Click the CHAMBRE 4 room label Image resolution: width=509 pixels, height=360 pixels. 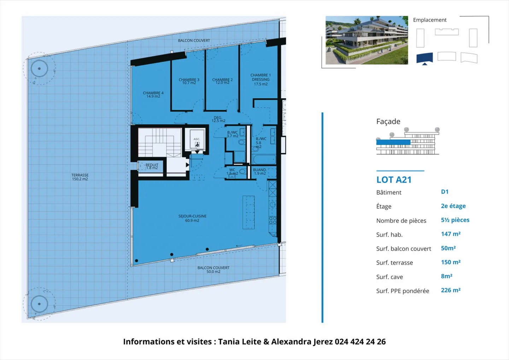click(153, 94)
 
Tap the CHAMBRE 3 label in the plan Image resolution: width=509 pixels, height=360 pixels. click(189, 81)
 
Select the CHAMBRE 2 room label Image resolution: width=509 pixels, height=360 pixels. click(222, 81)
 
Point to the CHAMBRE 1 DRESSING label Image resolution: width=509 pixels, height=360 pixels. click(261, 80)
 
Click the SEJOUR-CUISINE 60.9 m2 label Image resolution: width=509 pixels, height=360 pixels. click(192, 218)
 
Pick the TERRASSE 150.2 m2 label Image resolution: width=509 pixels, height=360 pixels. click(80, 177)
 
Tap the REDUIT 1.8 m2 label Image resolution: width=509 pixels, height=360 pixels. click(152, 166)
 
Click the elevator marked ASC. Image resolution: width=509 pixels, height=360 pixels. click(197, 140)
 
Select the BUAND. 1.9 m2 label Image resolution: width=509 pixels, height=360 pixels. click(260, 172)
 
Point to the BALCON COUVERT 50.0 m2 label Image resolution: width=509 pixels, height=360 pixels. click(213, 269)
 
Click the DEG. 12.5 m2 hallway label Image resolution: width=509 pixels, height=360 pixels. click(218, 119)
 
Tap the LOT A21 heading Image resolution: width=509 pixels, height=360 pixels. click(394, 180)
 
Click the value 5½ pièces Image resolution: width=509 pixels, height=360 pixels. click(455, 220)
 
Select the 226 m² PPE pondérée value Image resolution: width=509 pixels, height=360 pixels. click(451, 290)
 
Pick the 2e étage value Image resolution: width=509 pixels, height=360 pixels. click(453, 206)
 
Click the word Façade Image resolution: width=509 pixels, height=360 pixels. click(388, 121)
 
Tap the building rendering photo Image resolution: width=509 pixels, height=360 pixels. click(367, 40)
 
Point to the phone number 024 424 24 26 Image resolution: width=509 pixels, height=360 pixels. click(360, 342)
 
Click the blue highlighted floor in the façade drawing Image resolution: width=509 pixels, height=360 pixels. click(393, 142)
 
